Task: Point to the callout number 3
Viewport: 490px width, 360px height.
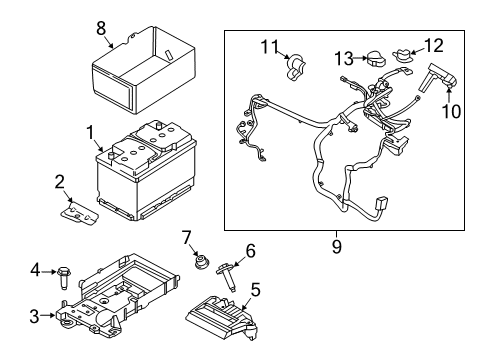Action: point(36,270)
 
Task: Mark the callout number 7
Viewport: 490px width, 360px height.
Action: point(187,237)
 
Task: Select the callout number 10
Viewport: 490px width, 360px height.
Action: point(453,110)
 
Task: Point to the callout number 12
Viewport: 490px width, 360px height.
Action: point(434,45)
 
